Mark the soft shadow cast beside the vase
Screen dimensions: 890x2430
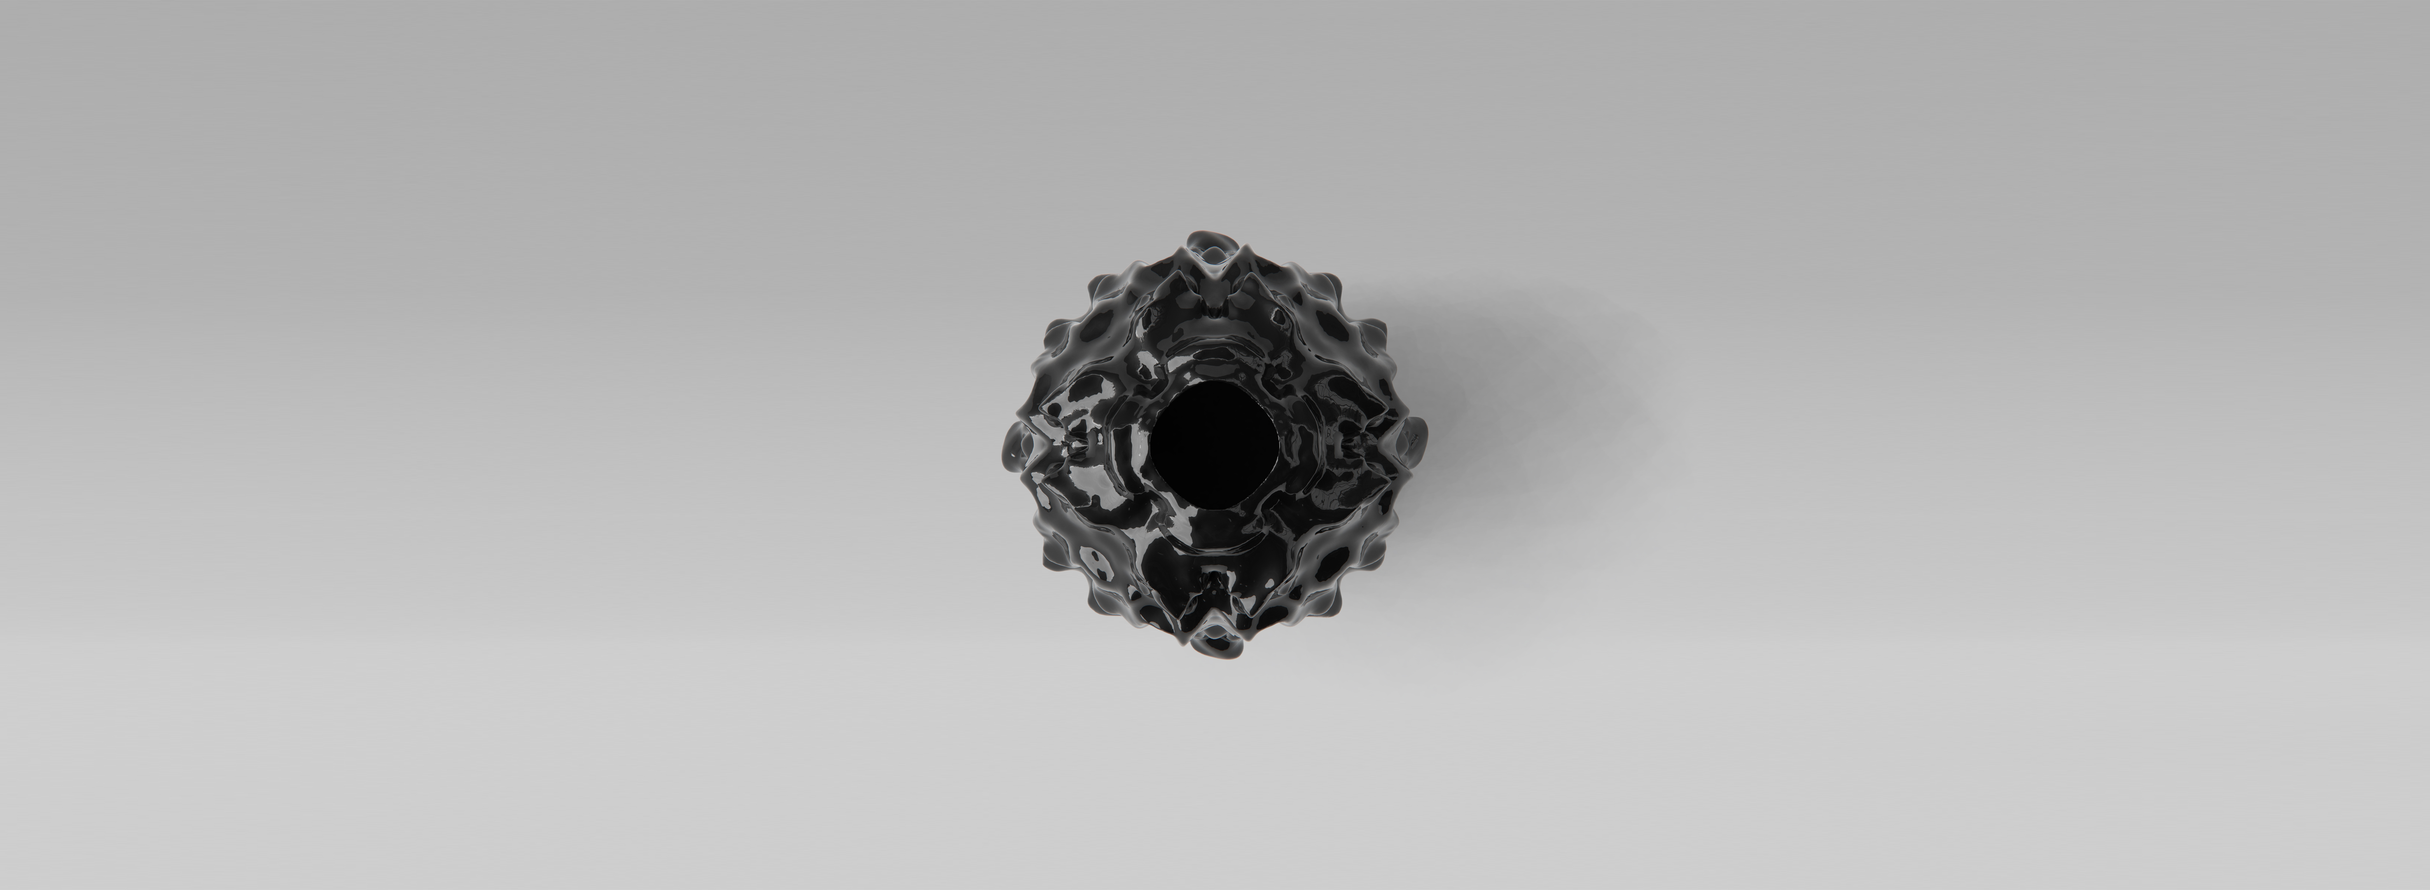pyautogui.click(x=1547, y=396)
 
